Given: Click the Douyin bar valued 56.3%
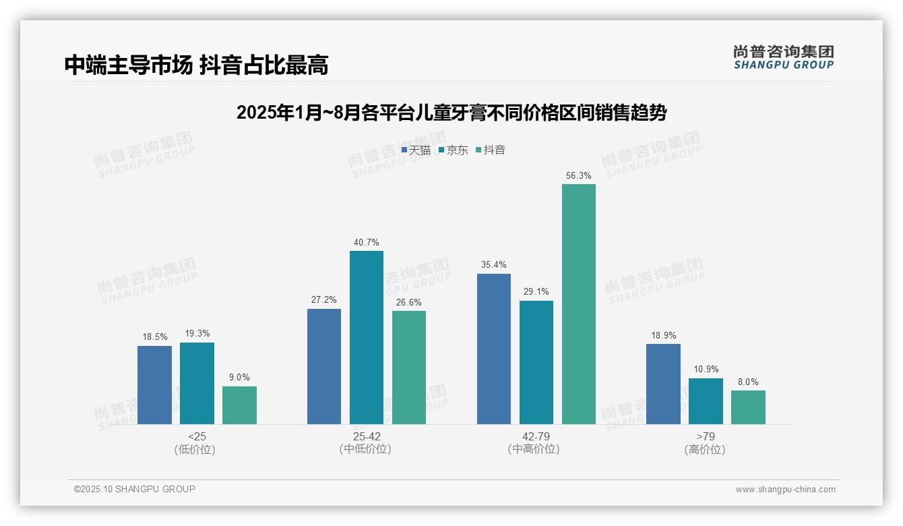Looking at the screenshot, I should click(x=578, y=303).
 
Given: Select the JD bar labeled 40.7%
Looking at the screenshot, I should click(x=366, y=337).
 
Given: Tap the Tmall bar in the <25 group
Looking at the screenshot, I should click(x=154, y=384).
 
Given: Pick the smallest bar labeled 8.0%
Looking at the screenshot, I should click(x=748, y=407).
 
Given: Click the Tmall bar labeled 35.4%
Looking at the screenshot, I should click(x=493, y=349).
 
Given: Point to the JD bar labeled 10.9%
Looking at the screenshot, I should click(x=706, y=401).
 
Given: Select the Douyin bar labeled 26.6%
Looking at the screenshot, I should click(x=408, y=368).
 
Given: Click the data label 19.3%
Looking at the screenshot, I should click(x=197, y=333).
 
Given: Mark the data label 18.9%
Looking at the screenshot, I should click(x=663, y=335).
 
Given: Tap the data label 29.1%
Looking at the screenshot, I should click(x=536, y=292).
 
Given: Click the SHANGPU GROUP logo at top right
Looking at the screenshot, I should click(x=783, y=57).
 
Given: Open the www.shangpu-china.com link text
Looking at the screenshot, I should click(x=785, y=490).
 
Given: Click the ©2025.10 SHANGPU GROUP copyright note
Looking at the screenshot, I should click(x=135, y=490).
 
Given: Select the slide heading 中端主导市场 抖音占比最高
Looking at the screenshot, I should click(x=196, y=65).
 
